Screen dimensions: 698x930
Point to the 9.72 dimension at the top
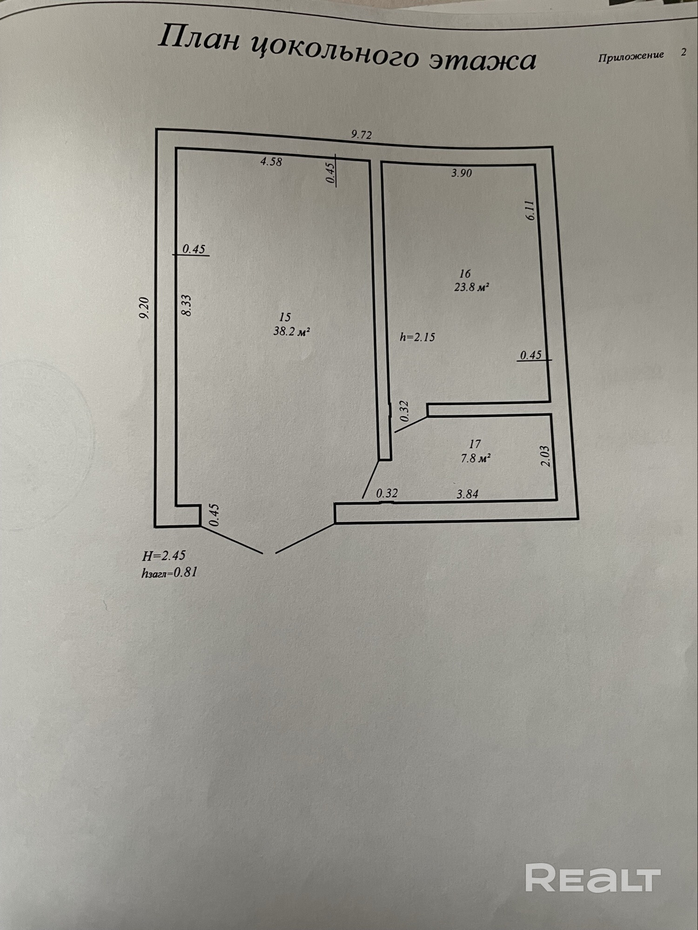click(361, 135)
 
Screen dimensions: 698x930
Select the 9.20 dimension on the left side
click(144, 308)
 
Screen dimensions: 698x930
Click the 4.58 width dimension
click(271, 162)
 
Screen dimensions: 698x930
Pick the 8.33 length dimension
click(186, 306)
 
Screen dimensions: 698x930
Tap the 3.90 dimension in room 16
click(461, 173)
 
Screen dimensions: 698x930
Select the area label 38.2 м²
click(291, 332)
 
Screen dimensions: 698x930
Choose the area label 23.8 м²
click(471, 287)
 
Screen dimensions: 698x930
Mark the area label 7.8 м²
click(475, 458)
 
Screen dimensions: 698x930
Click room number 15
click(285, 317)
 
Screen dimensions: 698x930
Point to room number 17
click(475, 444)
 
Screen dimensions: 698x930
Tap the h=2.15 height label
click(417, 337)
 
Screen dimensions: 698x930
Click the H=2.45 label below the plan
click(164, 556)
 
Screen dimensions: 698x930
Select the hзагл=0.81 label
click(169, 572)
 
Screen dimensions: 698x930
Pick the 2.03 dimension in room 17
click(546, 456)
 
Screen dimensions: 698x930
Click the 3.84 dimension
click(467, 494)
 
